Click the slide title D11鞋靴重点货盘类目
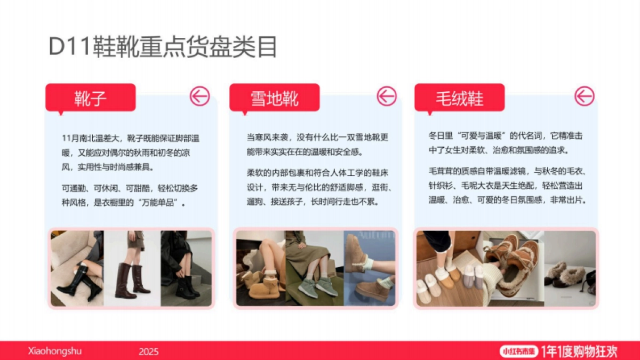163,47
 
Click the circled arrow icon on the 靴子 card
200,97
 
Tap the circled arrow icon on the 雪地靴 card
387,97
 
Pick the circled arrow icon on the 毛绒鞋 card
584,97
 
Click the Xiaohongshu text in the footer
55,351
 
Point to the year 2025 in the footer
149,351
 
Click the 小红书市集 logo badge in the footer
519,351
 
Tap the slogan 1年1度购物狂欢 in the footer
579,351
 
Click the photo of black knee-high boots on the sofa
77,268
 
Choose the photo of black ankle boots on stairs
186,268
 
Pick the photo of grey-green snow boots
315,268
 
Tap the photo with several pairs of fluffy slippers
450,268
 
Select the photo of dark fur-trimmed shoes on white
569,268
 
